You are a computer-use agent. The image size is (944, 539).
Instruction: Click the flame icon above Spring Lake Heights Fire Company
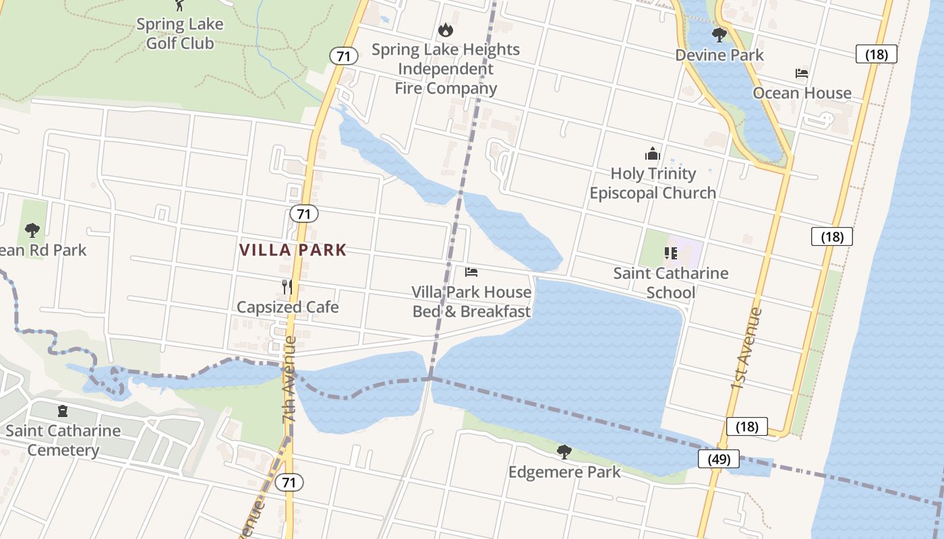(x=445, y=30)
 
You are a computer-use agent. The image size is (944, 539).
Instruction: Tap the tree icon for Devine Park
(x=719, y=34)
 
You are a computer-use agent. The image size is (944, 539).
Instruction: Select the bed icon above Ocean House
(x=802, y=73)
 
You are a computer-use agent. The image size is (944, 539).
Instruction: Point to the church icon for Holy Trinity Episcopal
(x=652, y=154)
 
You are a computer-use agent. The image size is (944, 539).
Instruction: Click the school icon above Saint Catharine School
(x=671, y=253)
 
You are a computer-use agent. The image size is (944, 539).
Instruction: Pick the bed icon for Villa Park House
(x=471, y=272)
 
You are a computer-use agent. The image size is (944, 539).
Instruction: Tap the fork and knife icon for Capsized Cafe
(x=287, y=287)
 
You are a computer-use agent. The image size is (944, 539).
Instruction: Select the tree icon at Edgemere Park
(x=564, y=451)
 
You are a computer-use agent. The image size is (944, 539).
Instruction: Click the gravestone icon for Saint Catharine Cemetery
(x=63, y=410)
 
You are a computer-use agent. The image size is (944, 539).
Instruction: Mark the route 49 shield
(x=719, y=459)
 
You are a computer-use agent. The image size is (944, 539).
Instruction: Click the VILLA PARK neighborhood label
(x=293, y=250)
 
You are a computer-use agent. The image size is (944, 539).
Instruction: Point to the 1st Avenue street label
(x=746, y=348)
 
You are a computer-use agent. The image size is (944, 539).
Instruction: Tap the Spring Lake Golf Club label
(x=180, y=34)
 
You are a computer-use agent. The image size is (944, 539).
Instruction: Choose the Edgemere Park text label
(x=564, y=472)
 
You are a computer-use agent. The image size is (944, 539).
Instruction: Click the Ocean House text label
(x=802, y=93)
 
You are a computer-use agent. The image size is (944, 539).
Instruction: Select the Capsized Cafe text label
(x=287, y=307)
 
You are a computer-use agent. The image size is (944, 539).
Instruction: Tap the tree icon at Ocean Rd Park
(x=32, y=230)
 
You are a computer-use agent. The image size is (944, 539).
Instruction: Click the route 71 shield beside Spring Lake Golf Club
(x=344, y=56)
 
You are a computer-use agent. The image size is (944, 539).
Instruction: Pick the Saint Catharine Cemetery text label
(x=63, y=440)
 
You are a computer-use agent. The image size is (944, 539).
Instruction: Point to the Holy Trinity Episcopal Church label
(x=653, y=183)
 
